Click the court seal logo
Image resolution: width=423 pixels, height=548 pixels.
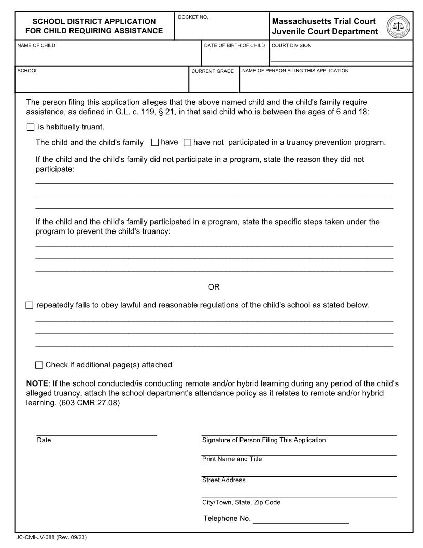(x=398, y=26)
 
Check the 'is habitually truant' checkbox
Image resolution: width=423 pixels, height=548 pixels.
(x=30, y=127)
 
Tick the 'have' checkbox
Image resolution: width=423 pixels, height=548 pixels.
(x=154, y=142)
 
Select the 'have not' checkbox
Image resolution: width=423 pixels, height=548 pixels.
(x=188, y=142)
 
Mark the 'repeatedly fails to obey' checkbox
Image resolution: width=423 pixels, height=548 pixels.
(x=29, y=305)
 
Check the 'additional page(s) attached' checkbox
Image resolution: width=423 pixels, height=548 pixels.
(x=39, y=365)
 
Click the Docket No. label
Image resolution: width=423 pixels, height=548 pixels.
(x=193, y=17)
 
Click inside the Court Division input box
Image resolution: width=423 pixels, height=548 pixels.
(x=341, y=55)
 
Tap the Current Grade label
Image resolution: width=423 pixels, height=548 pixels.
(x=213, y=71)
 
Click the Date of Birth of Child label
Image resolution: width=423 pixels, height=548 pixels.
(x=234, y=45)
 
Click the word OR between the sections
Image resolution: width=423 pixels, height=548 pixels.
(x=214, y=287)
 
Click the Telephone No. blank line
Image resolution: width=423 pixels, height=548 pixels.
(x=301, y=518)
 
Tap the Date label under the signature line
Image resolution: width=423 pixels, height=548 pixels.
(x=44, y=440)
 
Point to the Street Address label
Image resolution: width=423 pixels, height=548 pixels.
(x=223, y=480)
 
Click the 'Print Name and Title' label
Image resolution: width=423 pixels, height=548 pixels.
(x=232, y=459)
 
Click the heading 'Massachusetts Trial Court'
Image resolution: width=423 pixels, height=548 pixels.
(x=323, y=21)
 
